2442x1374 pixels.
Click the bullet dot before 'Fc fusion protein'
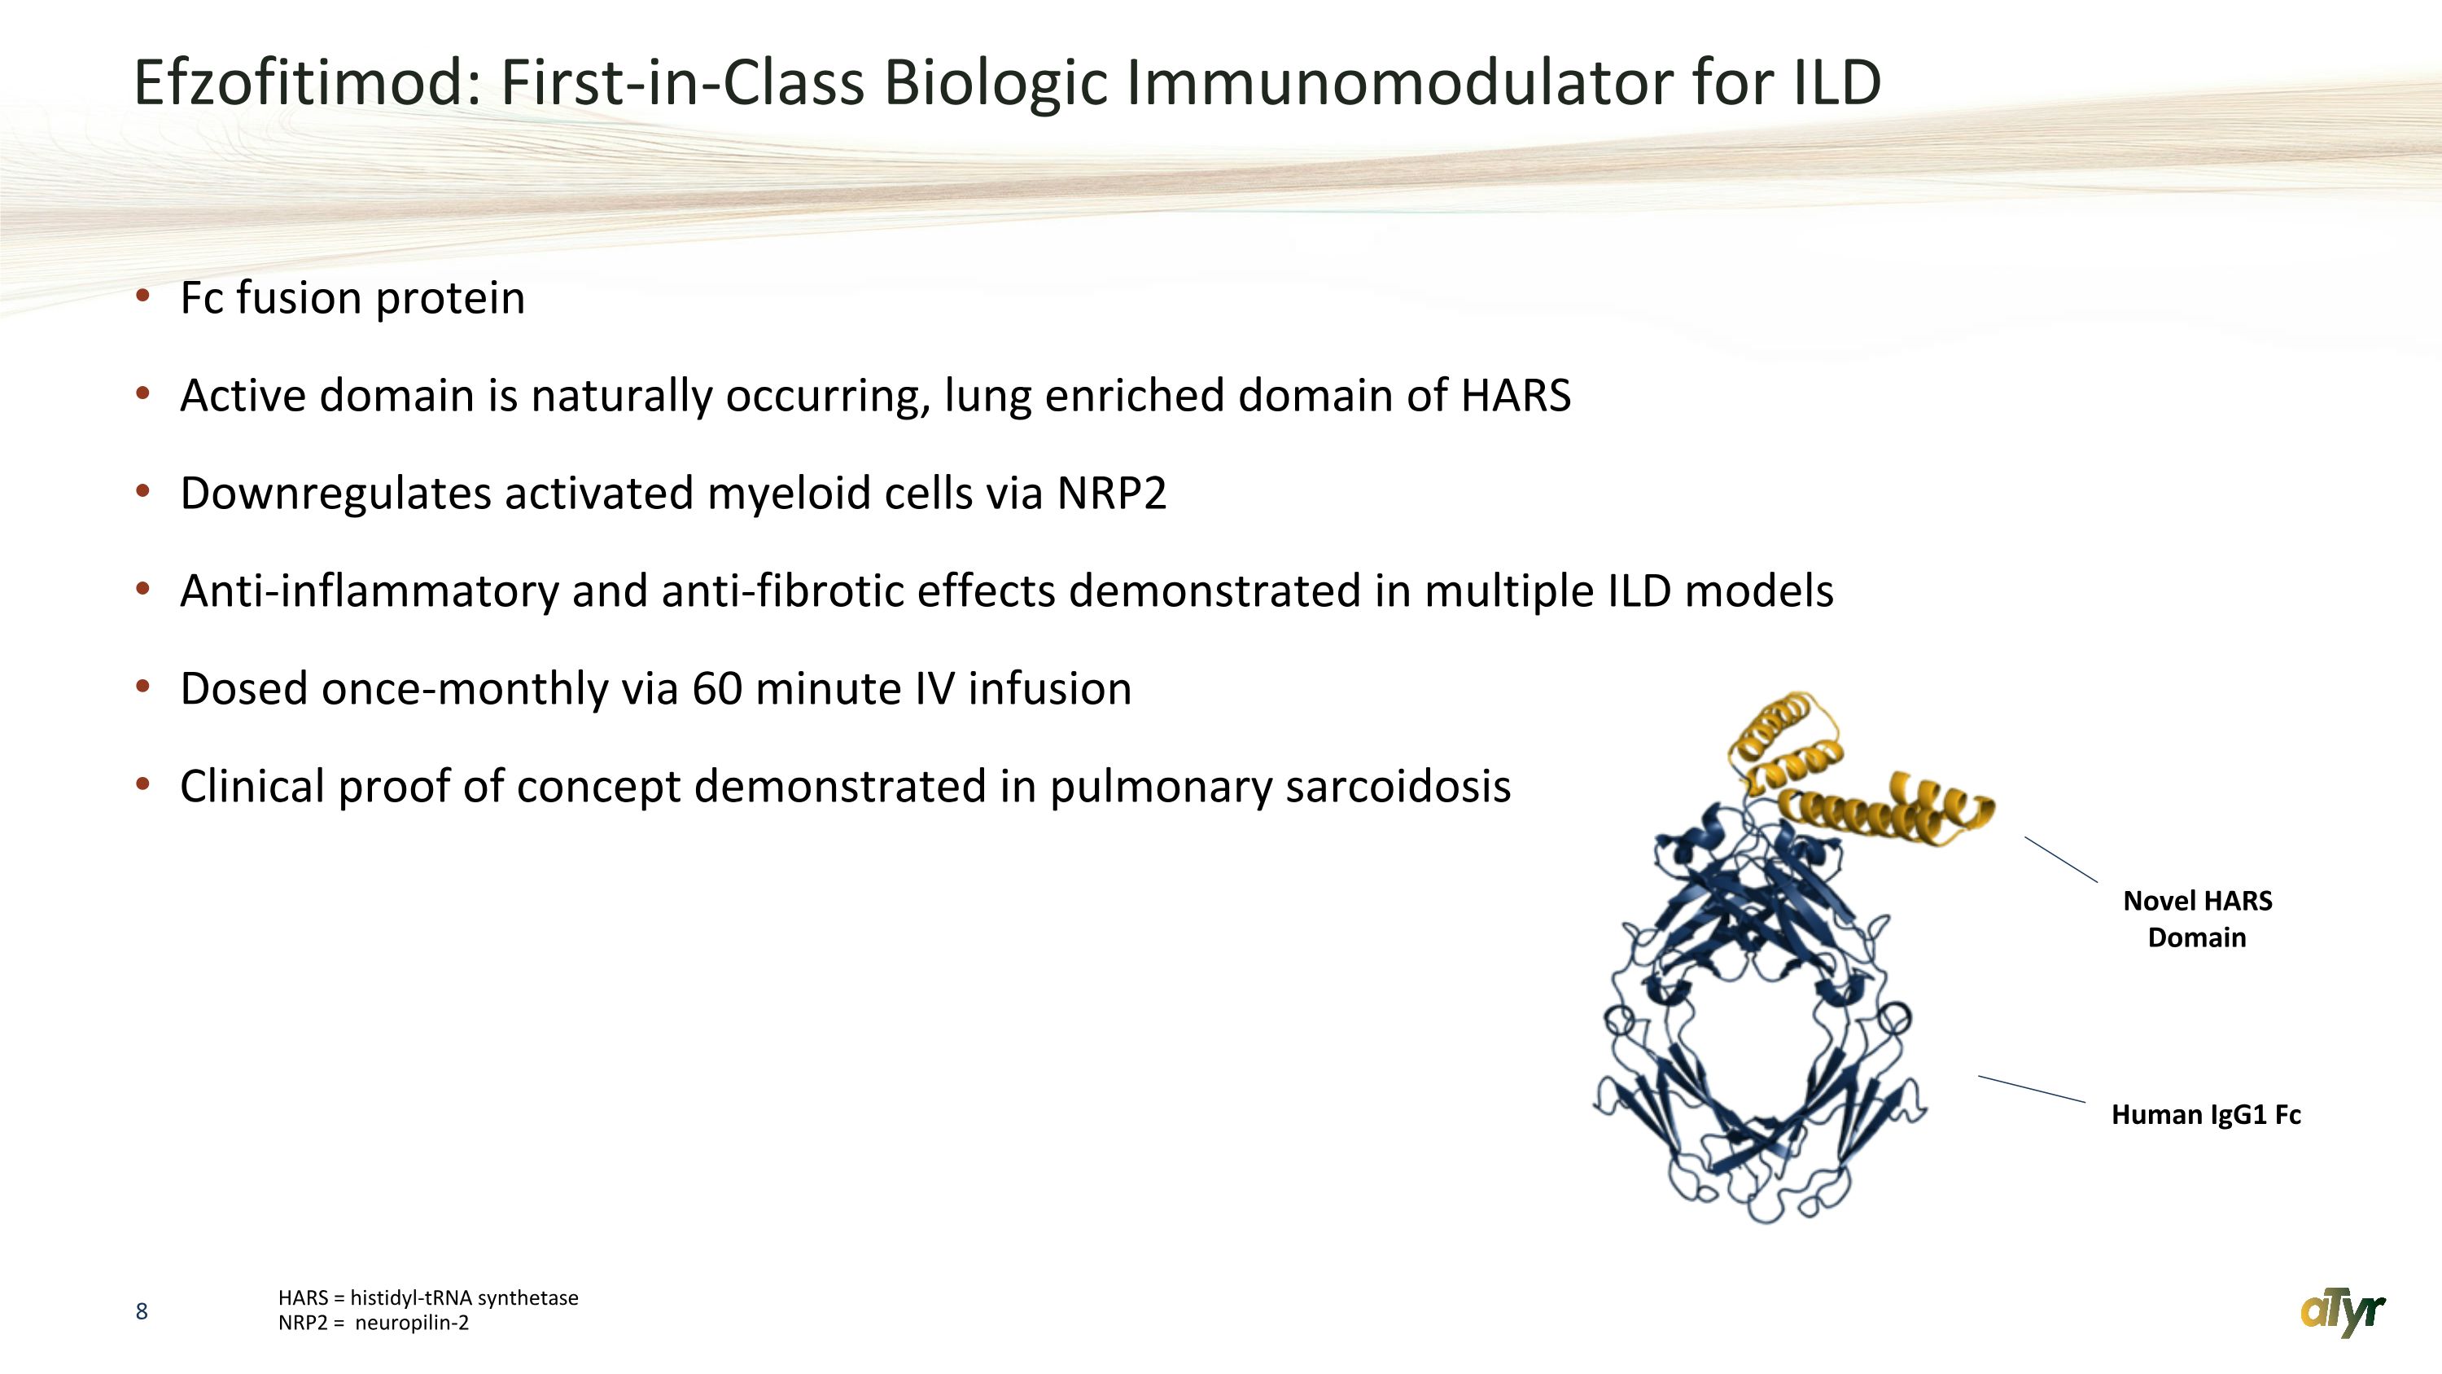pos(143,296)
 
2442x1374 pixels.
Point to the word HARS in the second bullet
pos(1516,395)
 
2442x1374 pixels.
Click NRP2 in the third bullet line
pos(1111,493)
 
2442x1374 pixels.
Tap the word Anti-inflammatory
pos(370,590)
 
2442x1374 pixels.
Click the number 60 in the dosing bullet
pos(716,688)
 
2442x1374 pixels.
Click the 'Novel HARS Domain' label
pos(2198,919)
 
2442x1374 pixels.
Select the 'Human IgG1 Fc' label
pos(2206,1114)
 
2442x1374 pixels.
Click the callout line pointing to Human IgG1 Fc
pos(2032,1089)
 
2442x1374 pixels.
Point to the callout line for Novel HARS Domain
pos(2061,859)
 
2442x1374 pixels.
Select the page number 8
pos(142,1311)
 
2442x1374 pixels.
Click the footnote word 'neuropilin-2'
pos(413,1323)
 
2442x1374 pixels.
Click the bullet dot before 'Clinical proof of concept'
pos(143,784)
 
